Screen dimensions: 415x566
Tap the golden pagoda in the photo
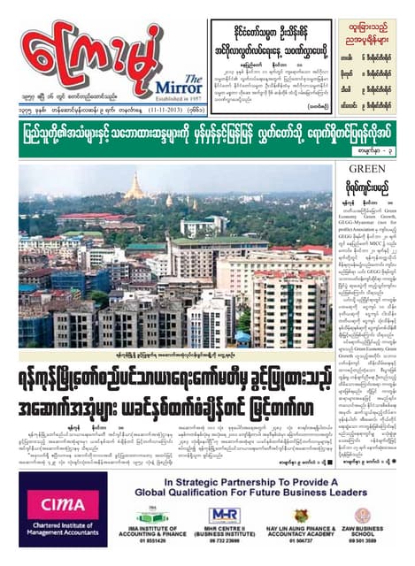(139, 187)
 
